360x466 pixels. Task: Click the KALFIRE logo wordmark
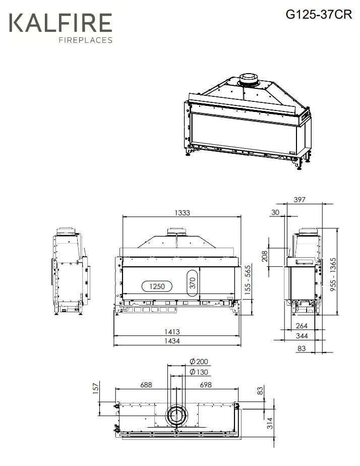click(61, 23)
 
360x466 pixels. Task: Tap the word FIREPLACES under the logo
click(86, 40)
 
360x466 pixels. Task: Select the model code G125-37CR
click(319, 14)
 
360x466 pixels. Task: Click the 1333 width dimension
click(182, 213)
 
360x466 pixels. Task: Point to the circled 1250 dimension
click(157, 286)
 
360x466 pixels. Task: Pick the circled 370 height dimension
click(193, 283)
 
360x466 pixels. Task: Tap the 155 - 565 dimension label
click(248, 280)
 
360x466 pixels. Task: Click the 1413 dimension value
click(172, 332)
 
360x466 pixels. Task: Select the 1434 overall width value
click(172, 341)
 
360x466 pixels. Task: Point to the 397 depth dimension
click(299, 200)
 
